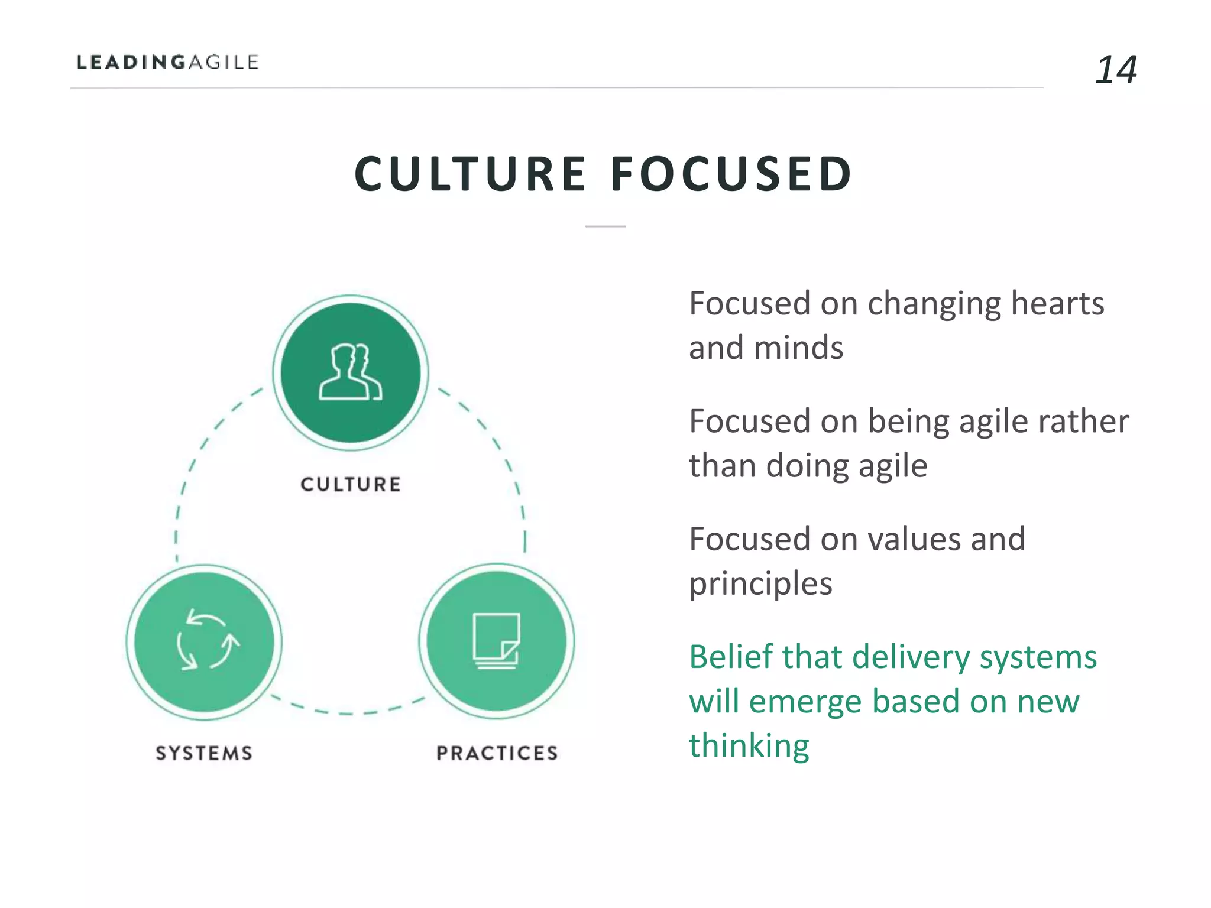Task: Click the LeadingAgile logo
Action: [168, 62]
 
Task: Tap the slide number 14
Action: [1115, 70]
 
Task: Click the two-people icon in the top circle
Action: [351, 372]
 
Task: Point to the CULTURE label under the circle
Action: [351, 485]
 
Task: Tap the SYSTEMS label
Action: [205, 753]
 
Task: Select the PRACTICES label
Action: [497, 753]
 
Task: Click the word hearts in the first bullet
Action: [1057, 304]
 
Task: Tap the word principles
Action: [760, 584]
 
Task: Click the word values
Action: [911, 540]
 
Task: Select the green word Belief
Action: [731, 657]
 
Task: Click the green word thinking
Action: [749, 746]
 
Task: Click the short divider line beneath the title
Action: [605, 226]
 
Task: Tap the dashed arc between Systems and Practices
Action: [348, 712]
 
